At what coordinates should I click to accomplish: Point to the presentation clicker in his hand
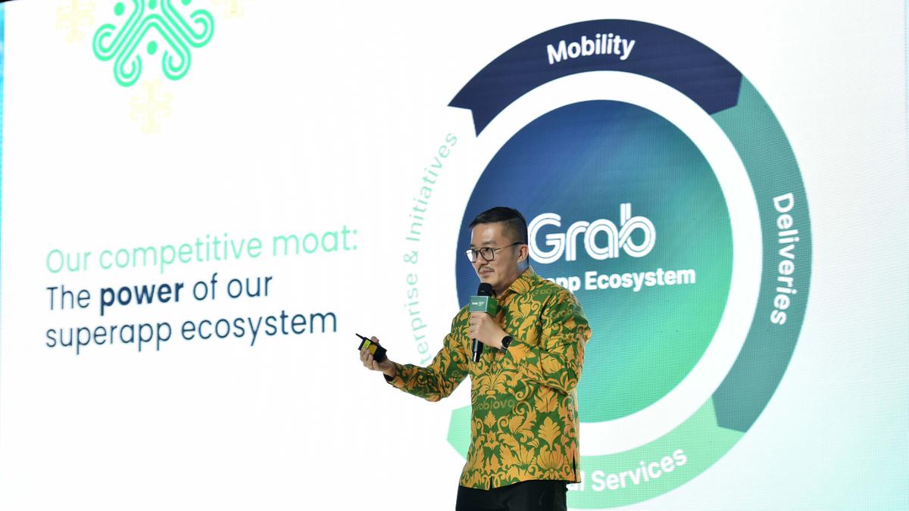tap(372, 347)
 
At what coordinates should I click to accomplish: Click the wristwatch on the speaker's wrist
tap(506, 341)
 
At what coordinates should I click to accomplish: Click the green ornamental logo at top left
tap(152, 38)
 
